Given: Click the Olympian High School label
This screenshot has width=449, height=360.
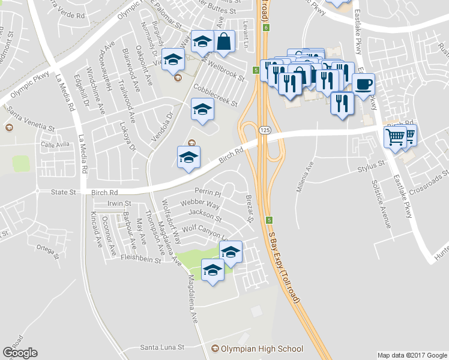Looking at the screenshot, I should (x=262, y=349).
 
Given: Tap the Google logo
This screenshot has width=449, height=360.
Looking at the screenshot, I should (x=20, y=353).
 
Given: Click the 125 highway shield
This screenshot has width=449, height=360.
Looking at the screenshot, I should (x=264, y=130).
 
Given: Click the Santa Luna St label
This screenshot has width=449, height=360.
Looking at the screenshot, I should (x=162, y=347).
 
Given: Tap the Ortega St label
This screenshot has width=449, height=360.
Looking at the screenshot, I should (x=49, y=247).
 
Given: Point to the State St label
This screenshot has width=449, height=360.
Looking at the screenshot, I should (x=63, y=192).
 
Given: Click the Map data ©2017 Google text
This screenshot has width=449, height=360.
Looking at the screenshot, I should (x=411, y=355).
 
